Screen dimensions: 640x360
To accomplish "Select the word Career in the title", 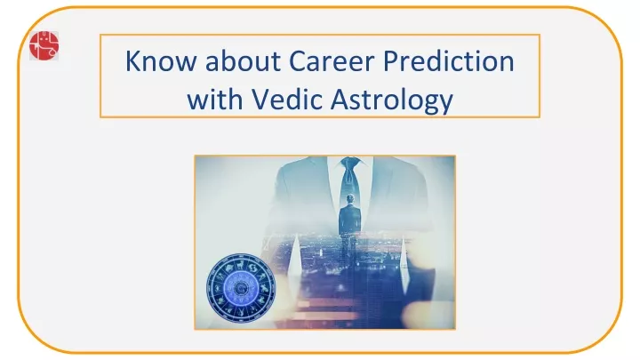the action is (x=332, y=60).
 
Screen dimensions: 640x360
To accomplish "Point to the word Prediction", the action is (x=449, y=60).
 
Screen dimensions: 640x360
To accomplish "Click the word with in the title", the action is (x=215, y=99).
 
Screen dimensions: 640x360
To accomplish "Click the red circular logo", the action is (x=44, y=45).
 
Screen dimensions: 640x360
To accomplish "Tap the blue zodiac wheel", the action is (x=241, y=288).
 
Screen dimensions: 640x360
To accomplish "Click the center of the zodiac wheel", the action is (x=241, y=288).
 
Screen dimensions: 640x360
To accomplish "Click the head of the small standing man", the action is (x=350, y=199).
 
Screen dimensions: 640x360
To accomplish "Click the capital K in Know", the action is (x=132, y=61).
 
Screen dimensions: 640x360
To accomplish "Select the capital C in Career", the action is (x=298, y=61).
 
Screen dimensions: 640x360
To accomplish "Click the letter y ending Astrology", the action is (x=445, y=105).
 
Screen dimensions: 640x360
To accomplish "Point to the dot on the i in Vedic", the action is (x=304, y=89).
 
